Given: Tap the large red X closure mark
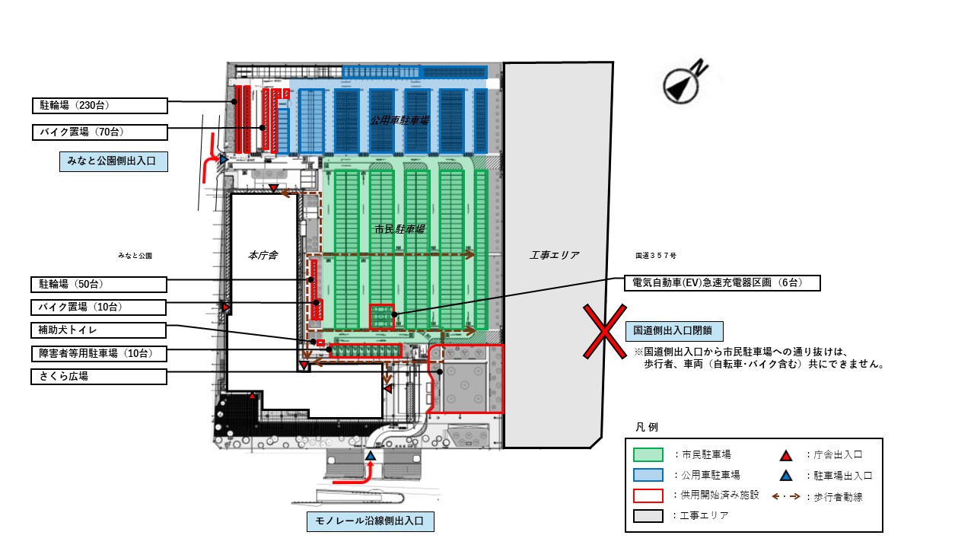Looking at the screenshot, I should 604,331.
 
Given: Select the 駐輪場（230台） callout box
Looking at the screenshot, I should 100,105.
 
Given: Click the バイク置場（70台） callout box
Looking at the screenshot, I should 100,132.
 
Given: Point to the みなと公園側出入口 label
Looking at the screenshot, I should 113,162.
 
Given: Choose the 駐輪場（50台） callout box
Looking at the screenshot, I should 100,284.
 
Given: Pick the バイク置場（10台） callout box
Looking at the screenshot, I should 100,307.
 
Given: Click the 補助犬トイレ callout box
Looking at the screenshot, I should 100,330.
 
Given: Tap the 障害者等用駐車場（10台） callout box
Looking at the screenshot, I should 100,353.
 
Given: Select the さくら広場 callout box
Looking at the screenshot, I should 100,376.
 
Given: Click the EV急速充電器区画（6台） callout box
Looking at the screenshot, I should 722,282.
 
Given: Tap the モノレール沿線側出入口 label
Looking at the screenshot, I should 370,522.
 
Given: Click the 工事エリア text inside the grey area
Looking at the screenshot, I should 555,255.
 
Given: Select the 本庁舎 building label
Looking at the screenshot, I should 263,256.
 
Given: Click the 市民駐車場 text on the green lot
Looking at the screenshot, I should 399,228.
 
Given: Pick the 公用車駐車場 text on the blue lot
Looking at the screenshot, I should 399,120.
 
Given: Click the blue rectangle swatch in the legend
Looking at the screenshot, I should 648,475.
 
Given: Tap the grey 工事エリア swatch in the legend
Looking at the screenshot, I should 648,516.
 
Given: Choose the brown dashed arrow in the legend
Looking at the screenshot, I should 787,495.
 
